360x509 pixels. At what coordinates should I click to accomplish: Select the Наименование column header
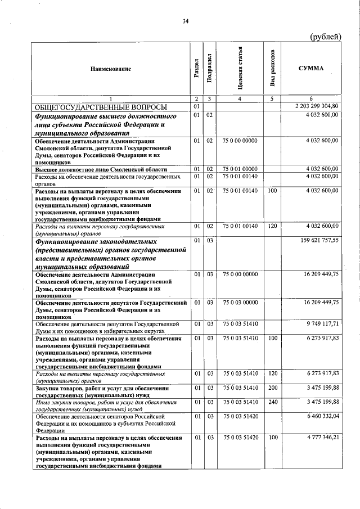click(x=111, y=69)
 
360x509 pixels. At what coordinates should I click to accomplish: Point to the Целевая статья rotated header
click(x=240, y=69)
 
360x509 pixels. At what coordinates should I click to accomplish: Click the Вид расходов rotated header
click(x=273, y=69)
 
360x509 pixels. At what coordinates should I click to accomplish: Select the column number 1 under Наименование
click(x=111, y=99)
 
